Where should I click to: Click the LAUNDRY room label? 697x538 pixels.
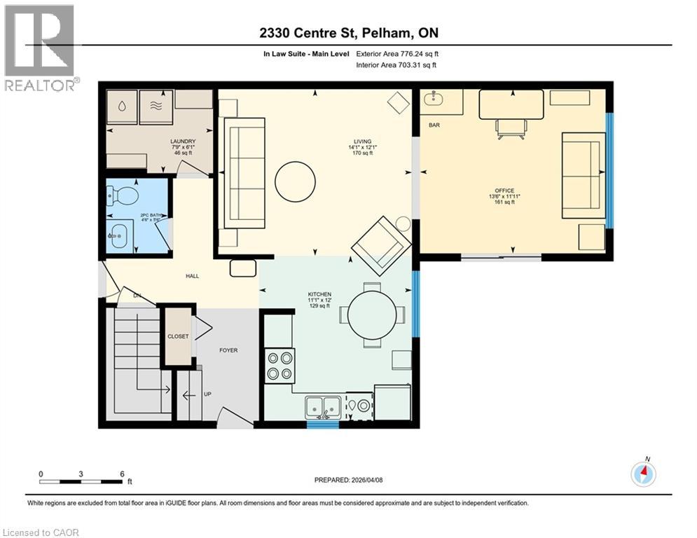(x=183, y=142)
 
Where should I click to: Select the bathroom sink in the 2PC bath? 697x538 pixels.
(x=118, y=236)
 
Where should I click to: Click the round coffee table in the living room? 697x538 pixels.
(x=295, y=182)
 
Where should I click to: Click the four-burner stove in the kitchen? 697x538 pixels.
(x=280, y=366)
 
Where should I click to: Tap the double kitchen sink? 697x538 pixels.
(x=323, y=406)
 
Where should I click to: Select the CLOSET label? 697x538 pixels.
(x=178, y=336)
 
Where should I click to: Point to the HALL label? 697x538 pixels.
(x=192, y=276)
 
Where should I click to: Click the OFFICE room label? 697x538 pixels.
(x=504, y=191)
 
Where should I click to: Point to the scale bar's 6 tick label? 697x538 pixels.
(x=122, y=474)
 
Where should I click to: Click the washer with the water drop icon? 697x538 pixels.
(x=123, y=108)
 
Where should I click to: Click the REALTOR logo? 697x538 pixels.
(x=39, y=48)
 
